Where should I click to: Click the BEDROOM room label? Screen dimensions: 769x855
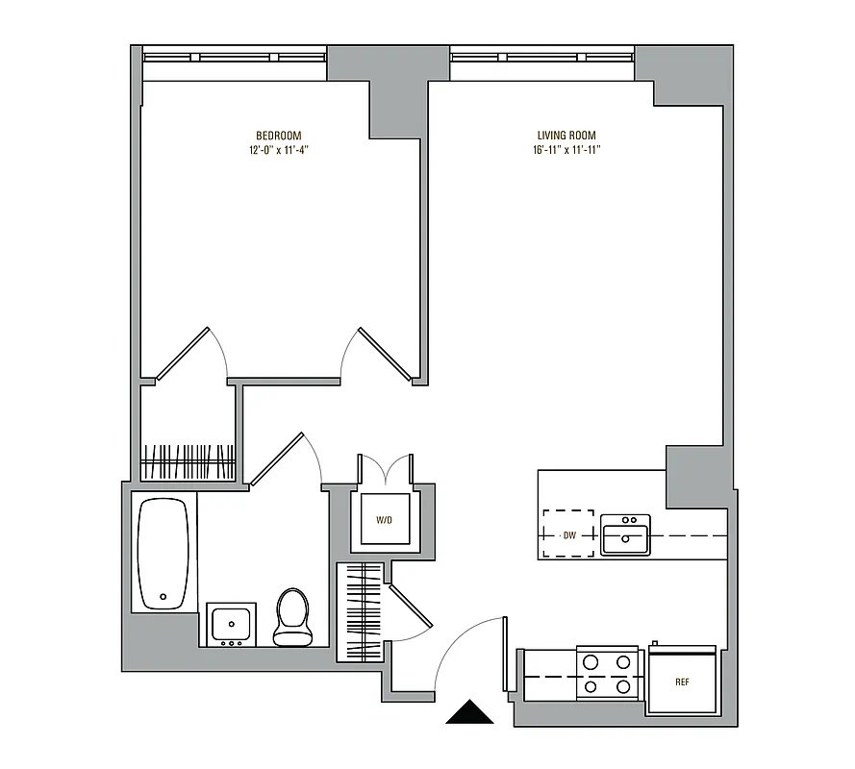pos(278,136)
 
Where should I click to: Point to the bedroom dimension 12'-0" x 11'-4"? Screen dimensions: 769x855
pos(278,150)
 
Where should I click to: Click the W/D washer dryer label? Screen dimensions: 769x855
pos(384,520)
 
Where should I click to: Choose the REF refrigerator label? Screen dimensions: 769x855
pos(682,682)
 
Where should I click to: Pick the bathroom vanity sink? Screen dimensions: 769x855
pos(230,625)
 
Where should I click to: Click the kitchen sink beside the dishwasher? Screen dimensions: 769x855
pos(625,534)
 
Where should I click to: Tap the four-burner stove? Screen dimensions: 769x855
pos(608,673)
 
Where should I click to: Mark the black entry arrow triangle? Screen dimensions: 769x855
pos(471,712)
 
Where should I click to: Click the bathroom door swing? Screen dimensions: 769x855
pos(289,459)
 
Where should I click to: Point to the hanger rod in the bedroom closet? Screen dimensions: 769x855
pos(189,461)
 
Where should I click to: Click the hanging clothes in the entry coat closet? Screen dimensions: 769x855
pos(362,612)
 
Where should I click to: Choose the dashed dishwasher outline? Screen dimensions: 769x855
pos(567,533)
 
